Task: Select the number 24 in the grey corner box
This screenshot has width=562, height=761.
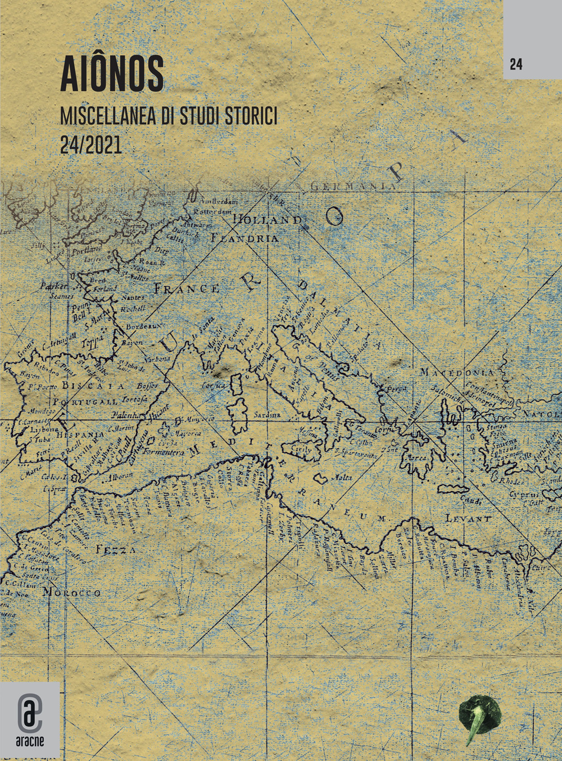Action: point(516,65)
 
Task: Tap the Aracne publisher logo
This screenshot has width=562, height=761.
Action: point(30,712)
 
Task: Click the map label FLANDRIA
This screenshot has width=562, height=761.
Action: point(244,238)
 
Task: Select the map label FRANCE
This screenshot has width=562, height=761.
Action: point(187,289)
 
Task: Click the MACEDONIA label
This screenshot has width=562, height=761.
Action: point(456,372)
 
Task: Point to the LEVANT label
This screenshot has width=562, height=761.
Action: point(468,518)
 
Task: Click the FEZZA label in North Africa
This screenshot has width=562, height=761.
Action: point(115,549)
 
